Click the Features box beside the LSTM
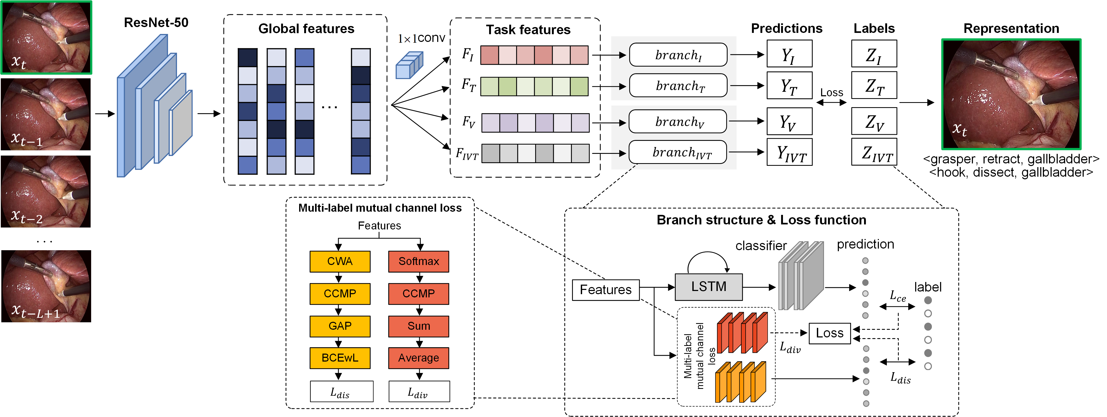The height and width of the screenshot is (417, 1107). [x=605, y=290]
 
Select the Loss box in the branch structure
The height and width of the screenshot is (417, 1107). [x=829, y=333]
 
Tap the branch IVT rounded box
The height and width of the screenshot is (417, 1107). [x=678, y=152]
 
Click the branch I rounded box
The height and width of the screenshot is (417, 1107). [x=678, y=55]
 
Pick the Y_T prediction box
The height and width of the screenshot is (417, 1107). [x=789, y=86]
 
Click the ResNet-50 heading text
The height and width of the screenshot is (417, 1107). [x=156, y=22]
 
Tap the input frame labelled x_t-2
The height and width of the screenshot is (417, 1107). [x=46, y=192]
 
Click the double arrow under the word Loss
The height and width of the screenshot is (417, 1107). [x=831, y=102]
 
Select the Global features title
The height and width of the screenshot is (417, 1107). [x=306, y=29]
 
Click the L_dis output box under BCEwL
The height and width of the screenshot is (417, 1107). [x=341, y=392]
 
